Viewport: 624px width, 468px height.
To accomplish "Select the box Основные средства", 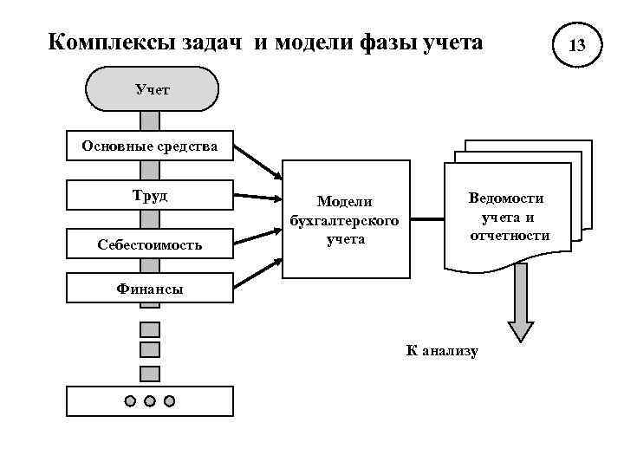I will pos(150,146).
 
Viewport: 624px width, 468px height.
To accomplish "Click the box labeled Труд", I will pos(150,195).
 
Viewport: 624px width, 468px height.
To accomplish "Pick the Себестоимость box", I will pos(150,245).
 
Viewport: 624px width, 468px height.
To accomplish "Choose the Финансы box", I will pos(150,289).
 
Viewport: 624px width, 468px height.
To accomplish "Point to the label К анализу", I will pos(442,350).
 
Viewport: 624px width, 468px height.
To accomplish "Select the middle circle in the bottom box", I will pos(150,400).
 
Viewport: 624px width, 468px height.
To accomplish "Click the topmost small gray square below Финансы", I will pos(150,328).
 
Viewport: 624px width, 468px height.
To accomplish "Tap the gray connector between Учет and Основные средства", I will pos(150,120).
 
